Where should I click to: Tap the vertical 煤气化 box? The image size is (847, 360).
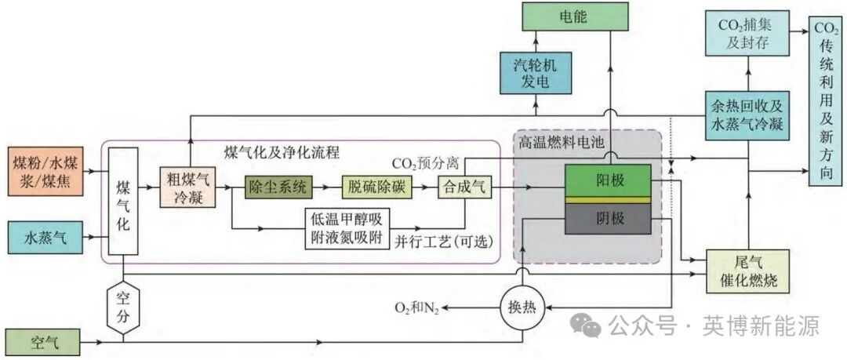[123, 203]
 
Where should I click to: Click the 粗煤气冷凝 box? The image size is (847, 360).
[186, 187]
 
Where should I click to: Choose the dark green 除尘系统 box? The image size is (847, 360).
[278, 187]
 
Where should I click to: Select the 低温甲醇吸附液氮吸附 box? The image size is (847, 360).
[347, 228]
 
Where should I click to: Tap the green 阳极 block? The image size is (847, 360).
[608, 180]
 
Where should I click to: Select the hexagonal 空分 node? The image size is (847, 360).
[123, 307]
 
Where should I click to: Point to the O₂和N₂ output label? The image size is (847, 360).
[420, 309]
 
